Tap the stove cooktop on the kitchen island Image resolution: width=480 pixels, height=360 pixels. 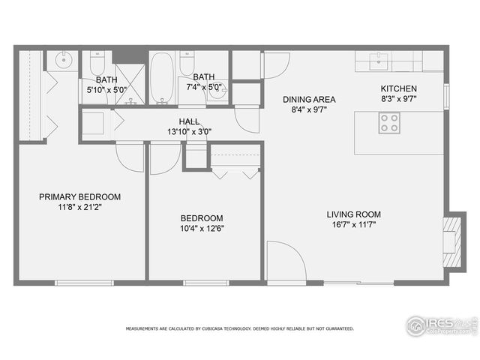pos(388,122)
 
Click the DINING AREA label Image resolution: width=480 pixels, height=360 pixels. pos(309,100)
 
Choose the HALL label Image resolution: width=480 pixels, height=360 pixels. pos(188,121)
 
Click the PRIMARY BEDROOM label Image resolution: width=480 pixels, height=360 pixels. pos(79,197)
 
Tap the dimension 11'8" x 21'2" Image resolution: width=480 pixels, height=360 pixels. pos(79,208)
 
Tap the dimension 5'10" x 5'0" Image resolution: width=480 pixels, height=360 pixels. pos(106,89)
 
